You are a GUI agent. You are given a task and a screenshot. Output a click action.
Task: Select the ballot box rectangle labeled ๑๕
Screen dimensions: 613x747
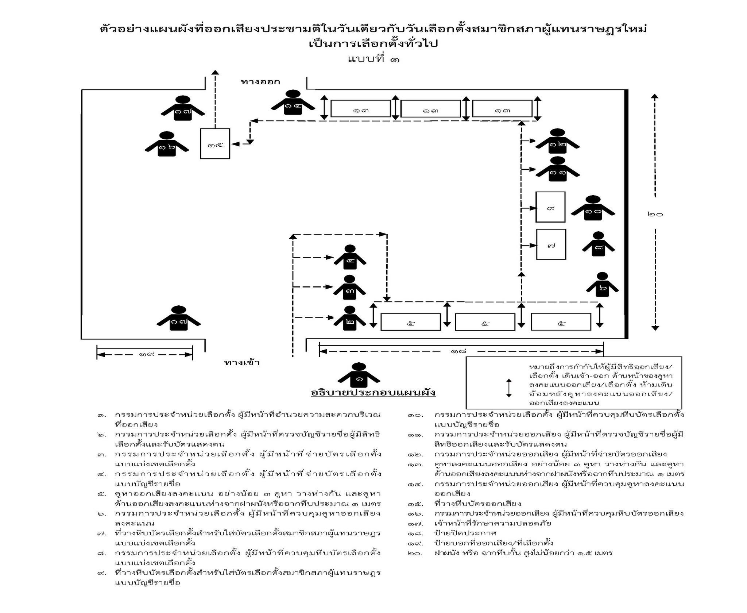click(215, 144)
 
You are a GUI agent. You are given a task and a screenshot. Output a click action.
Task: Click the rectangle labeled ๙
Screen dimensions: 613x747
click(550, 207)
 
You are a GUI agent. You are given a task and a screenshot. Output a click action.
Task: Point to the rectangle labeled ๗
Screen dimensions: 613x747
click(551, 244)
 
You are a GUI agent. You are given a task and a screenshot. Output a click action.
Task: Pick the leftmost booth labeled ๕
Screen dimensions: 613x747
click(410, 322)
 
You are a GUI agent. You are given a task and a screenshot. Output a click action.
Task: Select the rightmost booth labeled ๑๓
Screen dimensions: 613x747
click(502, 108)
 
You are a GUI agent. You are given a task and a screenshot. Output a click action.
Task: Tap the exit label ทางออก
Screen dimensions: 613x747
click(260, 82)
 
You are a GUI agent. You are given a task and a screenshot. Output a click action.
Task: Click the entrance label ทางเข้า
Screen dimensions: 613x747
click(242, 363)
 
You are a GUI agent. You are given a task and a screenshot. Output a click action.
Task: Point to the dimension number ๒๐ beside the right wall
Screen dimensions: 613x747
click(655, 214)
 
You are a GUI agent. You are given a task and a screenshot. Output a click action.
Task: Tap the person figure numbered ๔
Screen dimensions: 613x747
click(350, 258)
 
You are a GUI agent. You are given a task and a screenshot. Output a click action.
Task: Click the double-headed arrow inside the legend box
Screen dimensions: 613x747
click(509, 388)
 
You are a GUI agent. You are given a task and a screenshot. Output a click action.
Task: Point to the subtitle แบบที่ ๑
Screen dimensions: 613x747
click(373, 59)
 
